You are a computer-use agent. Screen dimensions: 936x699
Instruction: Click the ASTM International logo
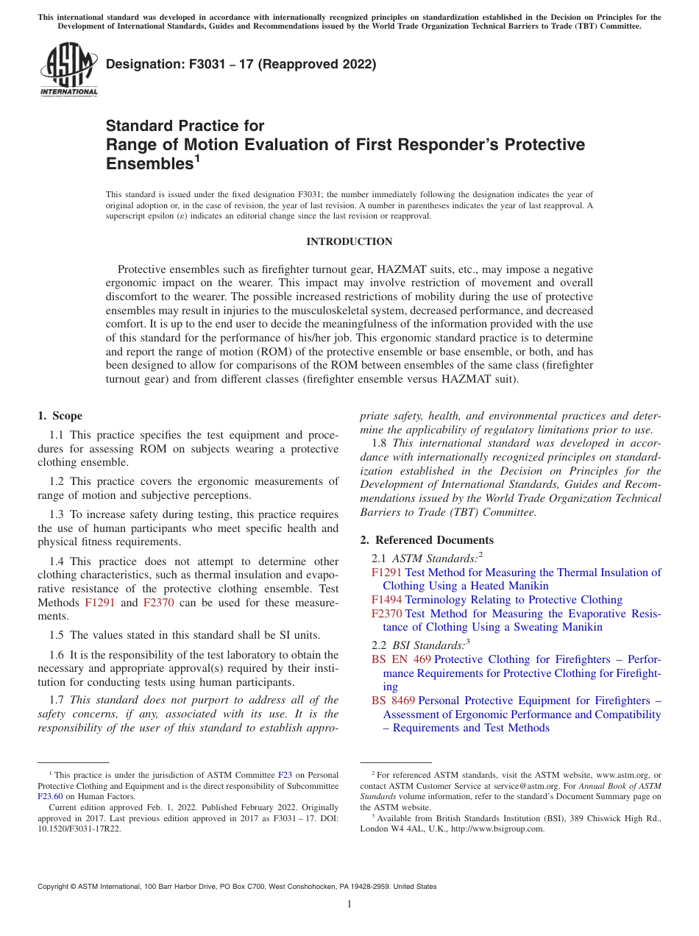pos(68,69)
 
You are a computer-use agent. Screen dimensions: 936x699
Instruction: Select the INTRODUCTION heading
pos(349,241)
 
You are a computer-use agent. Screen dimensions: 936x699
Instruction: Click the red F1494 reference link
pos(387,600)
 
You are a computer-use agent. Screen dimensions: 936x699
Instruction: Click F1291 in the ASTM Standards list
pos(387,572)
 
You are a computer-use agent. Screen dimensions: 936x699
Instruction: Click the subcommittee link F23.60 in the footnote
pos(50,795)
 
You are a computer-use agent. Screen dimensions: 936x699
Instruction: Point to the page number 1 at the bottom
pos(349,904)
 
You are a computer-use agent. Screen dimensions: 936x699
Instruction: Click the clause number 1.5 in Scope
pos(57,635)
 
